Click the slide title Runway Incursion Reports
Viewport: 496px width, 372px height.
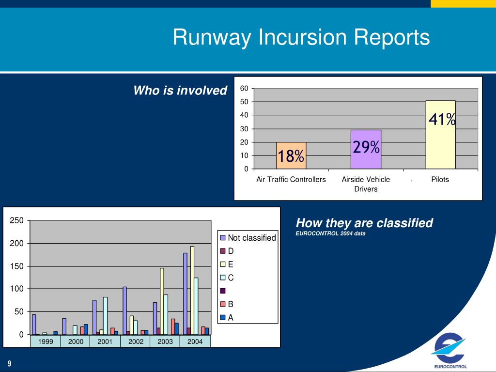coord(301,37)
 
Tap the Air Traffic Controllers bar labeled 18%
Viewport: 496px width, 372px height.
coord(291,155)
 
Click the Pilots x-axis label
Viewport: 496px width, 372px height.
coord(440,179)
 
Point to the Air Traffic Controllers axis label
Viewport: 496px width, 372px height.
coord(291,179)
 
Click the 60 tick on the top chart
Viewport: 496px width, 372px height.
coord(244,88)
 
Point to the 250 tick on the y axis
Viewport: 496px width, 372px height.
coord(17,221)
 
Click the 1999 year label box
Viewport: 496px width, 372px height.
coord(46,341)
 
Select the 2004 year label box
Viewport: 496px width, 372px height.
coord(195,341)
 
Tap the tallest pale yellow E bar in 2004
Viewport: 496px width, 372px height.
coord(192,290)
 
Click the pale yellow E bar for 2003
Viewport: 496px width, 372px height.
coord(162,301)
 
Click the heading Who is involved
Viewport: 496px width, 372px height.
coord(180,91)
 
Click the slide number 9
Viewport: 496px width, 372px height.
coord(9,364)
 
